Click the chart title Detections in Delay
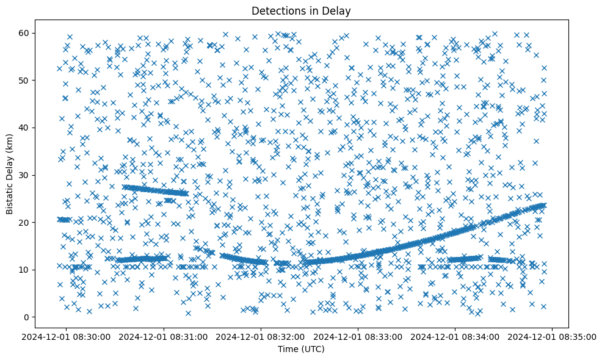(301, 10)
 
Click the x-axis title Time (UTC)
(301, 350)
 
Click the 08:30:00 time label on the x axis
(67, 336)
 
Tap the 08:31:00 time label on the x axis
(164, 336)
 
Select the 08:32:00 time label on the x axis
(261, 336)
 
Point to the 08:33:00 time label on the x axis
(358, 336)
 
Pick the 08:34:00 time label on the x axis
(455, 336)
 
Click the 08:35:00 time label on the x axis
(553, 336)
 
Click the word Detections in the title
(274, 10)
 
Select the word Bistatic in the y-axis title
(10, 196)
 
